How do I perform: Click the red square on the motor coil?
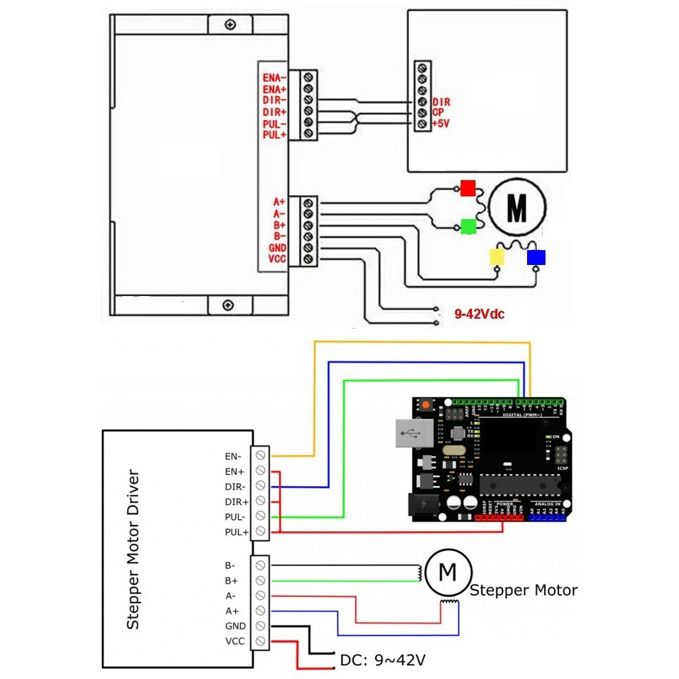(x=467, y=187)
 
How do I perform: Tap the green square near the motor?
(x=467, y=226)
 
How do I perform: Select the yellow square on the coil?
(x=498, y=256)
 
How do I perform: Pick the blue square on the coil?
(x=536, y=256)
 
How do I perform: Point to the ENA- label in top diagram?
(x=274, y=78)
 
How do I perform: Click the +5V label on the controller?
(x=441, y=124)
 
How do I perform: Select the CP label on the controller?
(x=438, y=113)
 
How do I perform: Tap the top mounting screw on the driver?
(x=230, y=25)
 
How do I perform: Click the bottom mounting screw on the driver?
(x=228, y=305)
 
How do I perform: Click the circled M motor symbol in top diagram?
(x=517, y=207)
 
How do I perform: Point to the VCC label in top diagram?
(x=277, y=259)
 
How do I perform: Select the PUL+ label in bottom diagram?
(x=237, y=531)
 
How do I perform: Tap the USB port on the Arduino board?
(x=410, y=434)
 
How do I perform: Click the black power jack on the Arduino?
(x=423, y=506)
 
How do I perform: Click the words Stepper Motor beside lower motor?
(x=523, y=590)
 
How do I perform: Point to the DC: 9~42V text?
(x=383, y=660)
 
